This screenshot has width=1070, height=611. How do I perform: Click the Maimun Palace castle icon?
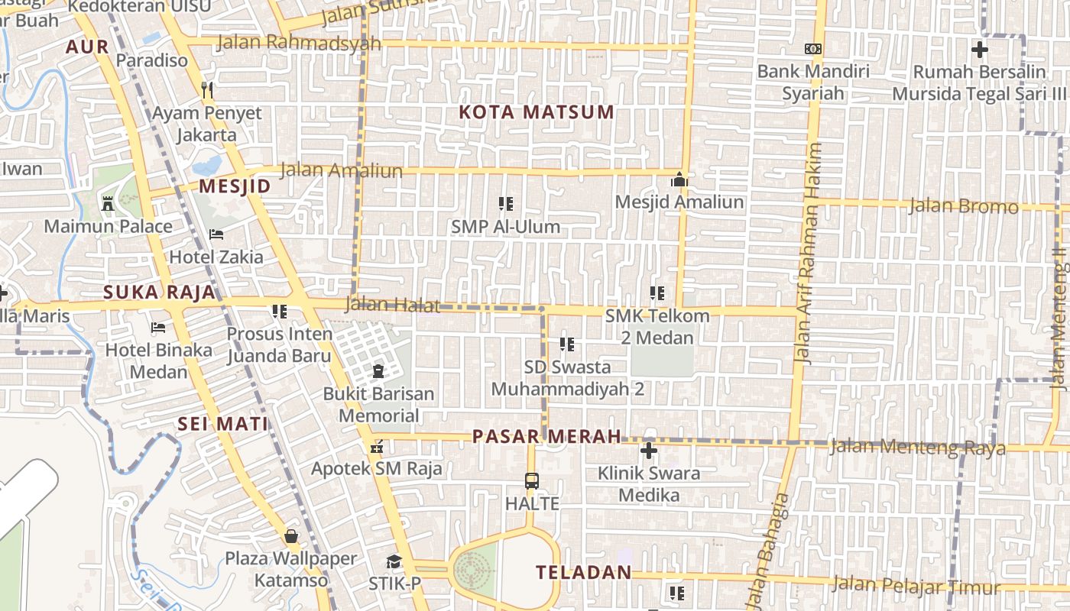point(108,203)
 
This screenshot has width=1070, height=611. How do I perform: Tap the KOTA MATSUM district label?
point(537,112)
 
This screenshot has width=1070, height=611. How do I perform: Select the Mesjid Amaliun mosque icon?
point(679,180)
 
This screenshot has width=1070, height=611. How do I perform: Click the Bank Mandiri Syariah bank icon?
point(813,49)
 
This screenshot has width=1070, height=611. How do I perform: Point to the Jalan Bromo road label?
point(963,205)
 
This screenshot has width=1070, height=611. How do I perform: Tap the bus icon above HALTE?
point(532,481)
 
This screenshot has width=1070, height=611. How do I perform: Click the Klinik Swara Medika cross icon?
point(649,451)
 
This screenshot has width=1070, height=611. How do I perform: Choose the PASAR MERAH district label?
point(546,436)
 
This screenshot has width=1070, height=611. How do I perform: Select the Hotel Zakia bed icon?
point(216,234)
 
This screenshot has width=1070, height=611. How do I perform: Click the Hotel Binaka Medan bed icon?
point(158,328)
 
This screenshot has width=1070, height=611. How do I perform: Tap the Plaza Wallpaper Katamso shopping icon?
point(290,535)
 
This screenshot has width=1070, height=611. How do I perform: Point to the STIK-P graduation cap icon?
point(394,562)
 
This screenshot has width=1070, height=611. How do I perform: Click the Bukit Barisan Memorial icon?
point(378,371)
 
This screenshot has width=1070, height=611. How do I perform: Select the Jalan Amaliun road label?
point(342,170)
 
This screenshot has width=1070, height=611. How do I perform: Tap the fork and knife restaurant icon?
point(207,90)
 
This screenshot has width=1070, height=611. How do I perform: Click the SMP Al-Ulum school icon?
point(505,204)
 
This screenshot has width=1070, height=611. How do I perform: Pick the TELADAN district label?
point(584,572)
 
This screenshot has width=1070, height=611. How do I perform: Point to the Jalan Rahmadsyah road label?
point(299,42)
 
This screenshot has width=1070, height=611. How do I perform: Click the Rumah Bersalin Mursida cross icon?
point(979,50)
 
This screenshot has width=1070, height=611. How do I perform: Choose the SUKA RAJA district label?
point(159,293)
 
